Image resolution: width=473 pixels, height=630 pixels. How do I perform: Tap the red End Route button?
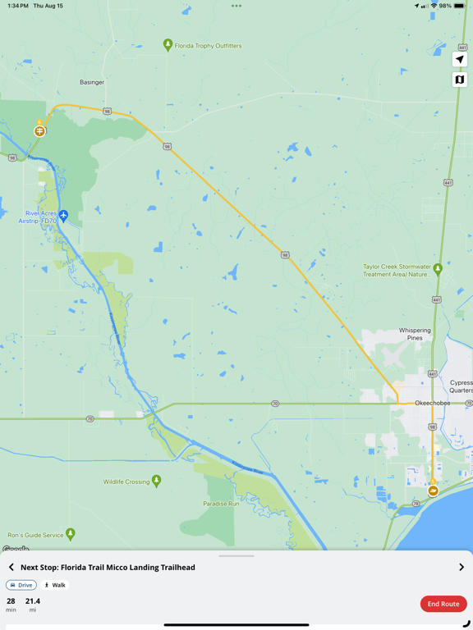coord(443,604)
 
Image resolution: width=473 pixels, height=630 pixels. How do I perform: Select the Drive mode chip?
coord(21,585)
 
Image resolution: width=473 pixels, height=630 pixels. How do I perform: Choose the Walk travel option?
coord(55,585)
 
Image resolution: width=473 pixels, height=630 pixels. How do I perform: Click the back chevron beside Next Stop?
coord(11,567)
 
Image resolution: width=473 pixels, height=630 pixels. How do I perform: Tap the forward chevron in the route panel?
coord(462,567)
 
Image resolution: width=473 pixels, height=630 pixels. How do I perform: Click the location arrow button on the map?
coord(460,59)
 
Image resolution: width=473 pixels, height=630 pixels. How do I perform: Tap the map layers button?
coord(460,80)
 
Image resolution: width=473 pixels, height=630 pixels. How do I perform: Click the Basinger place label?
coord(92,82)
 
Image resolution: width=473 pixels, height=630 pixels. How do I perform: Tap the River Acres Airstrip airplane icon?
coord(63,216)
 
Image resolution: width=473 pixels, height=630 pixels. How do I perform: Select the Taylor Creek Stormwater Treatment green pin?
coord(438,268)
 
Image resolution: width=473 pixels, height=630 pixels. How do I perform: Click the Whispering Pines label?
coord(415,334)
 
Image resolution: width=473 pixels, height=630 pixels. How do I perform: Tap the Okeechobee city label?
coord(432,403)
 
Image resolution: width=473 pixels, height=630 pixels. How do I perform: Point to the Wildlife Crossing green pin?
coord(156,480)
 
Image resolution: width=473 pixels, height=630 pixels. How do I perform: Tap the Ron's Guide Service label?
coord(35,535)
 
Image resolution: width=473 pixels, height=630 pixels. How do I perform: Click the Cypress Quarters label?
coord(461,386)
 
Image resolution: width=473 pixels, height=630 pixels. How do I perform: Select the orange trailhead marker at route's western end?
coord(39,130)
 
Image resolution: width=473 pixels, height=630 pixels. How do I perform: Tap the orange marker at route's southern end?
coord(433,491)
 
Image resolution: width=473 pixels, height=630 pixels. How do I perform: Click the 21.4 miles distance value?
coord(33,601)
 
